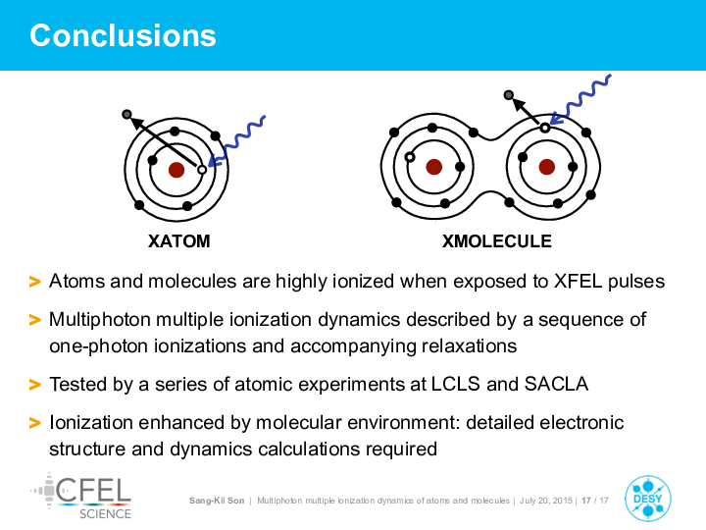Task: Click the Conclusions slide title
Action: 123,35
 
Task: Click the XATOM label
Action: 179,241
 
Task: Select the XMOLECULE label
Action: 496,241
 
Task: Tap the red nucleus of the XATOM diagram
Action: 176,170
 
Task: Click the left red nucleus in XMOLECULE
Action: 434,167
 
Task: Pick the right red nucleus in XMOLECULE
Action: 546,167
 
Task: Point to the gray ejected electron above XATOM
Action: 126,115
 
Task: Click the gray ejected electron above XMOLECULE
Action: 509,95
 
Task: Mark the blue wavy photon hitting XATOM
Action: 236,141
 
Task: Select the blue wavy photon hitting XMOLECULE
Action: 580,100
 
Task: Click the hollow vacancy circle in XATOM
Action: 202,170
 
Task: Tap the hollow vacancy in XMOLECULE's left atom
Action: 410,157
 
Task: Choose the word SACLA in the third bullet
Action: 556,385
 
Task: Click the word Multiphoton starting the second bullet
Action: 100,320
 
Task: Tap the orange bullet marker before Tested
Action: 34,385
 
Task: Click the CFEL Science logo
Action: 81,496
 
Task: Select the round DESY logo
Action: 648,499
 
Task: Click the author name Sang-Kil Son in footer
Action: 217,501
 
